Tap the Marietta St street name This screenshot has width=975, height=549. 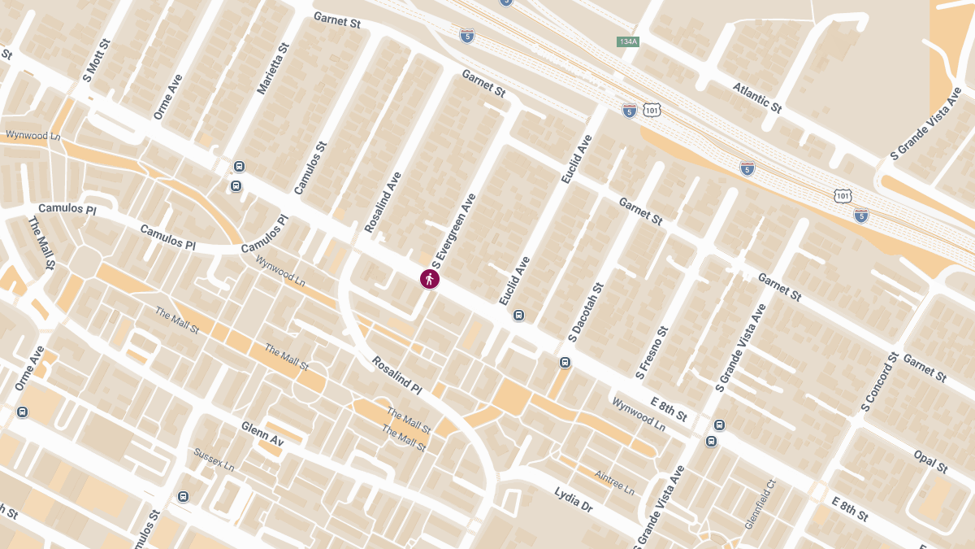coord(272,69)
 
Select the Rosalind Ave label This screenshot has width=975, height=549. coord(383,203)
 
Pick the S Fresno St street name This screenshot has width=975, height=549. coord(652,352)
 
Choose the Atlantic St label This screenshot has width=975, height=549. coord(756,97)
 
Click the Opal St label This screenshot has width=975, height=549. coord(930,461)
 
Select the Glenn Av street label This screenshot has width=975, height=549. coord(262,434)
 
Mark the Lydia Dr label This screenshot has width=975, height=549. coord(574,499)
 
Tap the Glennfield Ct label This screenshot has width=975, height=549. coord(761,504)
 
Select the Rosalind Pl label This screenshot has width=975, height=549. coord(397,375)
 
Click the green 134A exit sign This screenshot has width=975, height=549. coord(626,41)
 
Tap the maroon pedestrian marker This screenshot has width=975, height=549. coord(430,279)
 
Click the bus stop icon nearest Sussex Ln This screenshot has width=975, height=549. coord(184,496)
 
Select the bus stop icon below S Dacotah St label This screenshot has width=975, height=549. coord(565,362)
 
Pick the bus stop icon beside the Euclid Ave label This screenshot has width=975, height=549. coord(519,315)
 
